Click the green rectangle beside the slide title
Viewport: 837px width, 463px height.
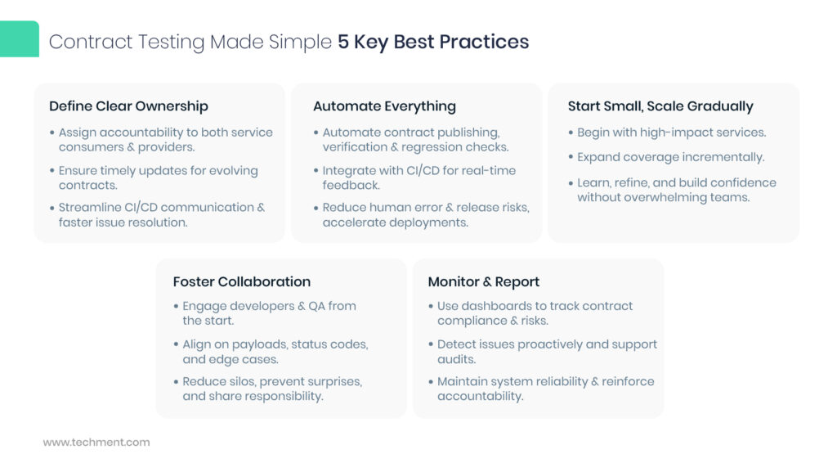click(x=19, y=39)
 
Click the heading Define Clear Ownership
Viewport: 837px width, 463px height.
click(x=128, y=106)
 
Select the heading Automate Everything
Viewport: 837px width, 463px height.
click(x=384, y=106)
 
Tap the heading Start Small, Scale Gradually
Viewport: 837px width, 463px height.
click(x=660, y=106)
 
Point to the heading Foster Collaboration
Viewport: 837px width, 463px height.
click(x=241, y=281)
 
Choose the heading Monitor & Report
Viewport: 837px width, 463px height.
click(x=484, y=281)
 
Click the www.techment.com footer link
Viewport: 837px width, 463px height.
click(x=96, y=443)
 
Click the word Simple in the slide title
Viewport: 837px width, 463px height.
click(x=303, y=43)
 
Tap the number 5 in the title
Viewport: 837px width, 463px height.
click(x=343, y=43)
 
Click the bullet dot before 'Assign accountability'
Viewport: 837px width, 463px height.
click(x=52, y=133)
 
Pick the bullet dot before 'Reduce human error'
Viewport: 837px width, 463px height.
click(x=316, y=208)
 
